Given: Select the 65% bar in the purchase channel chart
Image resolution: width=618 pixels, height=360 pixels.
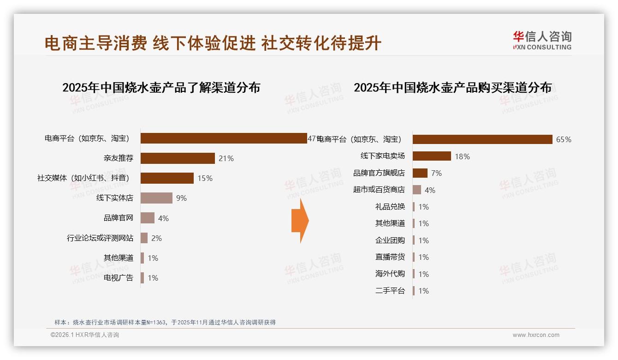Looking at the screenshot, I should click(482, 139).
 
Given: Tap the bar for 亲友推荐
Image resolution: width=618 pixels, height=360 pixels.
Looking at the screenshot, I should click(178, 158).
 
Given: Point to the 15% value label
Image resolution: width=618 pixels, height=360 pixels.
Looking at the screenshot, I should click(205, 178).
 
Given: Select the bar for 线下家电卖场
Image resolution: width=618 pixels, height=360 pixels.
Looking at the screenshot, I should click(432, 156).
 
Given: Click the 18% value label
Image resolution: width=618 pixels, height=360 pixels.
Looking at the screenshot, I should click(462, 156).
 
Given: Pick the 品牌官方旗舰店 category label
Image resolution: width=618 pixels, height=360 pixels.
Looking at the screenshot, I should click(379, 173).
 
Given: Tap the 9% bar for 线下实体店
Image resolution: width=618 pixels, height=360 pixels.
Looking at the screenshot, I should click(156, 198).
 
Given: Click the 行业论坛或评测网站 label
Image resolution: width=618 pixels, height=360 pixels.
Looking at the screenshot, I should click(100, 238).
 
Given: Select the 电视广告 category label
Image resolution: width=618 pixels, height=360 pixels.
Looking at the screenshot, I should click(119, 278).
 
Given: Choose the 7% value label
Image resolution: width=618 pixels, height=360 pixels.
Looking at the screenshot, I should click(436, 173).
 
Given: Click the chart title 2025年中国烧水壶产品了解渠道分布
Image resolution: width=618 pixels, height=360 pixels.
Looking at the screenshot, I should click(161, 88).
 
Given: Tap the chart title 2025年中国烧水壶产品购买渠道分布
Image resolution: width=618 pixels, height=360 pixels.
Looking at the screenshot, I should click(452, 88).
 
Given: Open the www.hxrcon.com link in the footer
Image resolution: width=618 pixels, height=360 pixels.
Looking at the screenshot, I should click(536, 335).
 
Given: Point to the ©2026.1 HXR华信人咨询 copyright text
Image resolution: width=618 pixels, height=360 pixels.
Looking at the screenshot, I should click(85, 335).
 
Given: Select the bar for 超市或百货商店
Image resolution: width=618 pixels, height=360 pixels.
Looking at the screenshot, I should click(417, 190).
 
